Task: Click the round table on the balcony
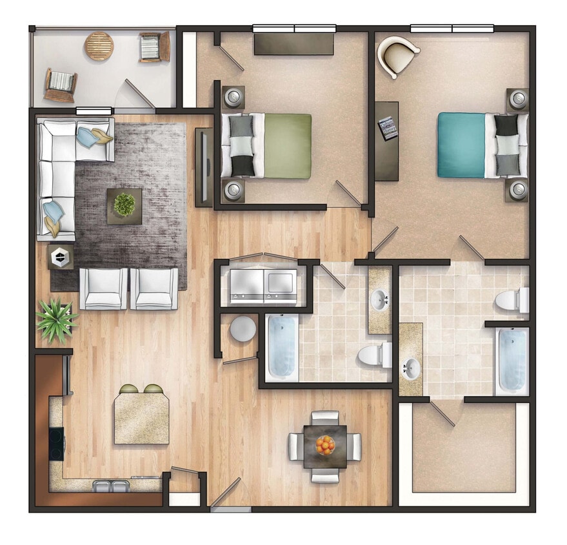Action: click(99, 46)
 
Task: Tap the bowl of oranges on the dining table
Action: click(326, 444)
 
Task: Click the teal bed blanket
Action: click(461, 145)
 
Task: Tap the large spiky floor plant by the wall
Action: click(55, 319)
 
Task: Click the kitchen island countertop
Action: click(142, 418)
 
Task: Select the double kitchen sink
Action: click(111, 486)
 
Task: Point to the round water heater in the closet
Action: click(243, 329)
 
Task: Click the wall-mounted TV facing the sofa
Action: click(203, 167)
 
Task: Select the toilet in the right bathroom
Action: click(513, 300)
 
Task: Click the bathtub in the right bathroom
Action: click(512, 360)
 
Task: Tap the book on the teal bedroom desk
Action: click(387, 127)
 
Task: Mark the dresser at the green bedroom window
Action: click(293, 44)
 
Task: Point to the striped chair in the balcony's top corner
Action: click(154, 46)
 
